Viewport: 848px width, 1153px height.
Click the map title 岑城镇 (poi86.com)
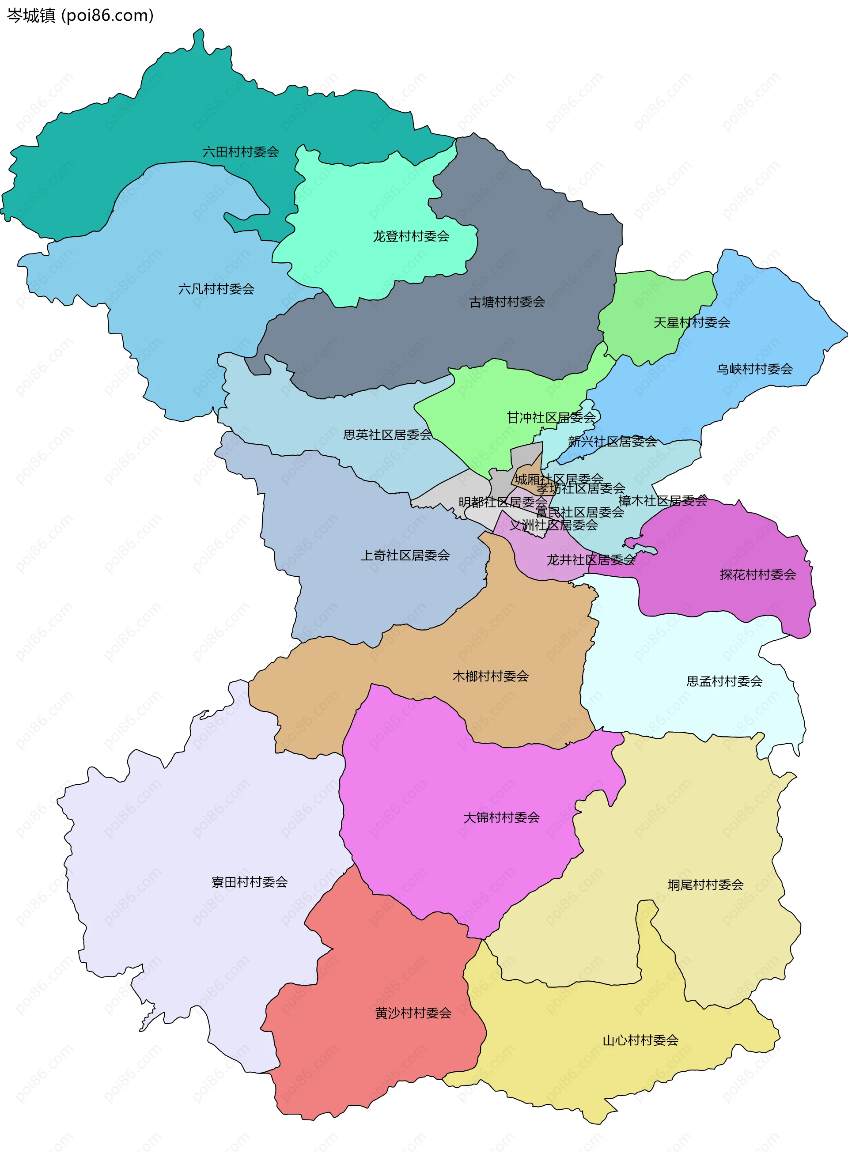(x=80, y=15)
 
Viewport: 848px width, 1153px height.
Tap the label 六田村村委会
(x=241, y=152)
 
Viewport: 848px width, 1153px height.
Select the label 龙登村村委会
(x=411, y=237)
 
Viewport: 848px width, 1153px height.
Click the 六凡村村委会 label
(x=216, y=289)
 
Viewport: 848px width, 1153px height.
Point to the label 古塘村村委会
(x=507, y=302)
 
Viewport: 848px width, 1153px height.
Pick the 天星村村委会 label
(x=692, y=323)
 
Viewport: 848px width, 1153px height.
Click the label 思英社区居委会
(x=387, y=435)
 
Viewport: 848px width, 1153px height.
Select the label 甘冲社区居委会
(x=551, y=418)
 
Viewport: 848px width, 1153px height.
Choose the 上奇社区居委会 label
(x=405, y=556)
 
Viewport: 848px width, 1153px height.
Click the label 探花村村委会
(x=757, y=575)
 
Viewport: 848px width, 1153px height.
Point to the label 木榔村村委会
(x=490, y=677)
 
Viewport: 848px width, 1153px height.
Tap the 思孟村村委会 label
(x=724, y=681)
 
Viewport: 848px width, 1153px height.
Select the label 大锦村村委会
(x=501, y=817)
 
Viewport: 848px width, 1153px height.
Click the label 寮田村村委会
(x=250, y=882)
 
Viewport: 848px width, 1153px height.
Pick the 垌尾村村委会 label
(x=705, y=885)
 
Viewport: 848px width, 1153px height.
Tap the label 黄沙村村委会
(x=413, y=1013)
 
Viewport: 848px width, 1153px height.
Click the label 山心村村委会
(x=640, y=1040)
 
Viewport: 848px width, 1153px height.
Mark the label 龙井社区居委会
(x=591, y=560)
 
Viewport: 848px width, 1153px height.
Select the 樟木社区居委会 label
(x=662, y=500)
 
